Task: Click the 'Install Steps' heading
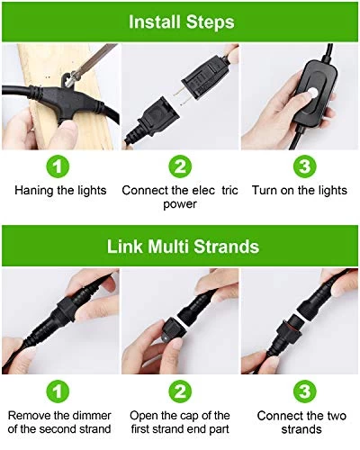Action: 181,22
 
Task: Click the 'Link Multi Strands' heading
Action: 183,247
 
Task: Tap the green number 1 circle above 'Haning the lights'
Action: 58,166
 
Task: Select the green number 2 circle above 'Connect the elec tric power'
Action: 180,166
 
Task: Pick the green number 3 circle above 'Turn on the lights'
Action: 305,166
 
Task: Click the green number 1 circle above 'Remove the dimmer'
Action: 58,391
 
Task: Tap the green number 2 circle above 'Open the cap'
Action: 180,391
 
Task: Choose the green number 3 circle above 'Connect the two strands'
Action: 305,391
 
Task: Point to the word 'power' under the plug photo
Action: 180,204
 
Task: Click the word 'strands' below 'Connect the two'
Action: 301,429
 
